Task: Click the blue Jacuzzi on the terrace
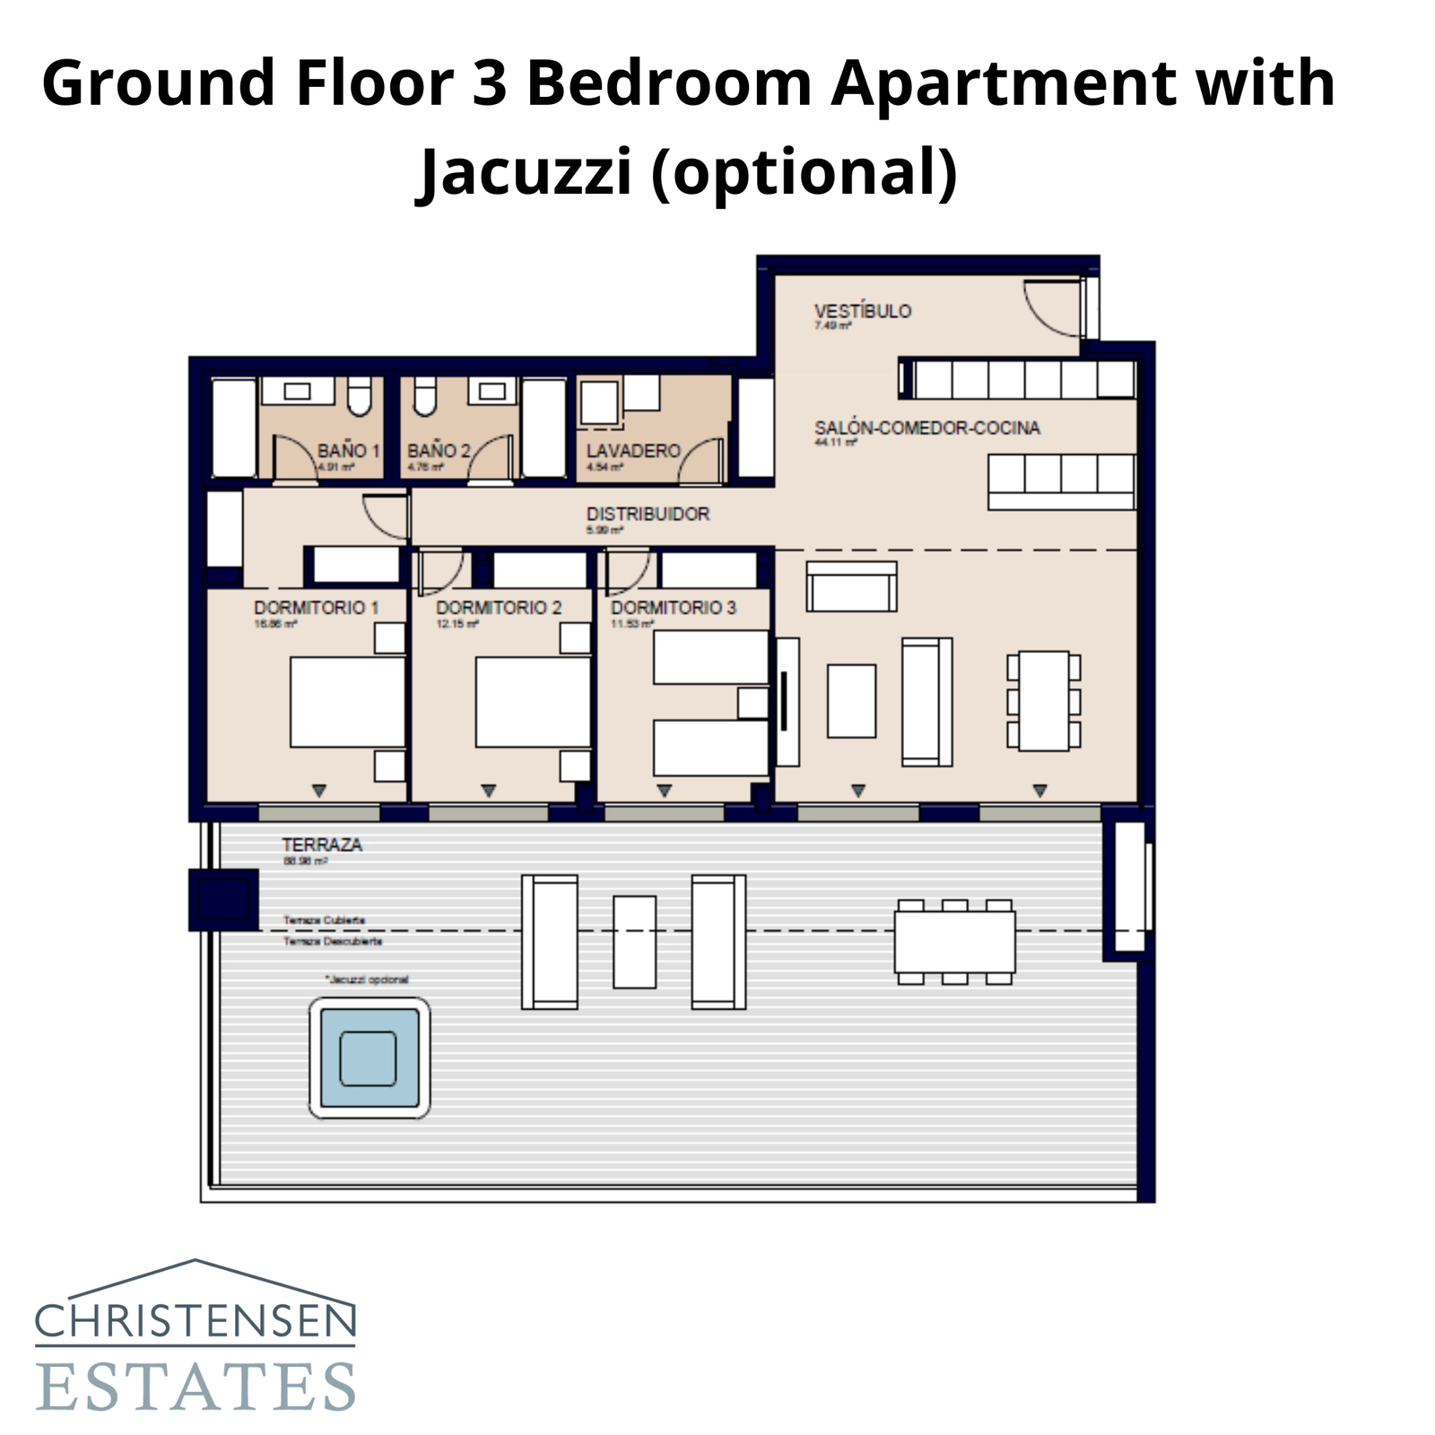(369, 1058)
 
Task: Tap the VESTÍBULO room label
(862, 311)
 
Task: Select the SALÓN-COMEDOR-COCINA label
(926, 428)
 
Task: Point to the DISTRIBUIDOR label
(648, 514)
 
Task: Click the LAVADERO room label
(633, 450)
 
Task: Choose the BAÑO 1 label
(348, 450)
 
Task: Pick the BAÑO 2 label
(439, 450)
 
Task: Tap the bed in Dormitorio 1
(347, 702)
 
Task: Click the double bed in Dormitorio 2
(533, 702)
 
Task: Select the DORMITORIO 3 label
(674, 607)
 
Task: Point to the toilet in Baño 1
(360, 397)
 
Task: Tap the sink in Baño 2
(491, 391)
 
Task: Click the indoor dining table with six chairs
(1044, 700)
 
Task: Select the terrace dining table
(954, 942)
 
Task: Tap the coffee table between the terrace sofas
(634, 942)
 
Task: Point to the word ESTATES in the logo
(196, 1387)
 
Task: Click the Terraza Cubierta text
(324, 920)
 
